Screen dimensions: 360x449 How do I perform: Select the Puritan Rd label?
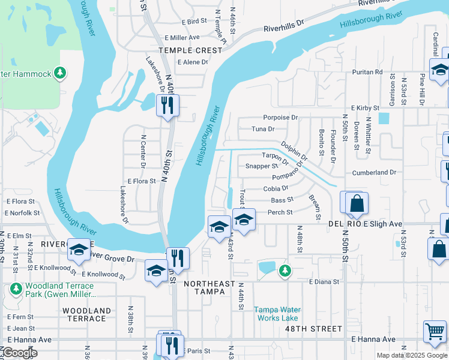(x=366, y=72)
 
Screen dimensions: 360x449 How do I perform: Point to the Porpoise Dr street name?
(x=280, y=118)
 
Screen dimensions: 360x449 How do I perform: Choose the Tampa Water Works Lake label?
(x=277, y=314)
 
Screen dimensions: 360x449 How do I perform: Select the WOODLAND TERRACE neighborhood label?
(x=87, y=314)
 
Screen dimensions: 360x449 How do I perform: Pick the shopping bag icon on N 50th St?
(x=357, y=203)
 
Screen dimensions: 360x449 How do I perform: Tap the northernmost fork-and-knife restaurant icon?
(x=166, y=106)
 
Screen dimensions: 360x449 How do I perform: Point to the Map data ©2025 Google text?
(x=412, y=355)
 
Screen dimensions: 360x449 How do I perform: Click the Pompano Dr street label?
(x=273, y=177)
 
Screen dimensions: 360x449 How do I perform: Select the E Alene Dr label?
(x=192, y=62)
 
